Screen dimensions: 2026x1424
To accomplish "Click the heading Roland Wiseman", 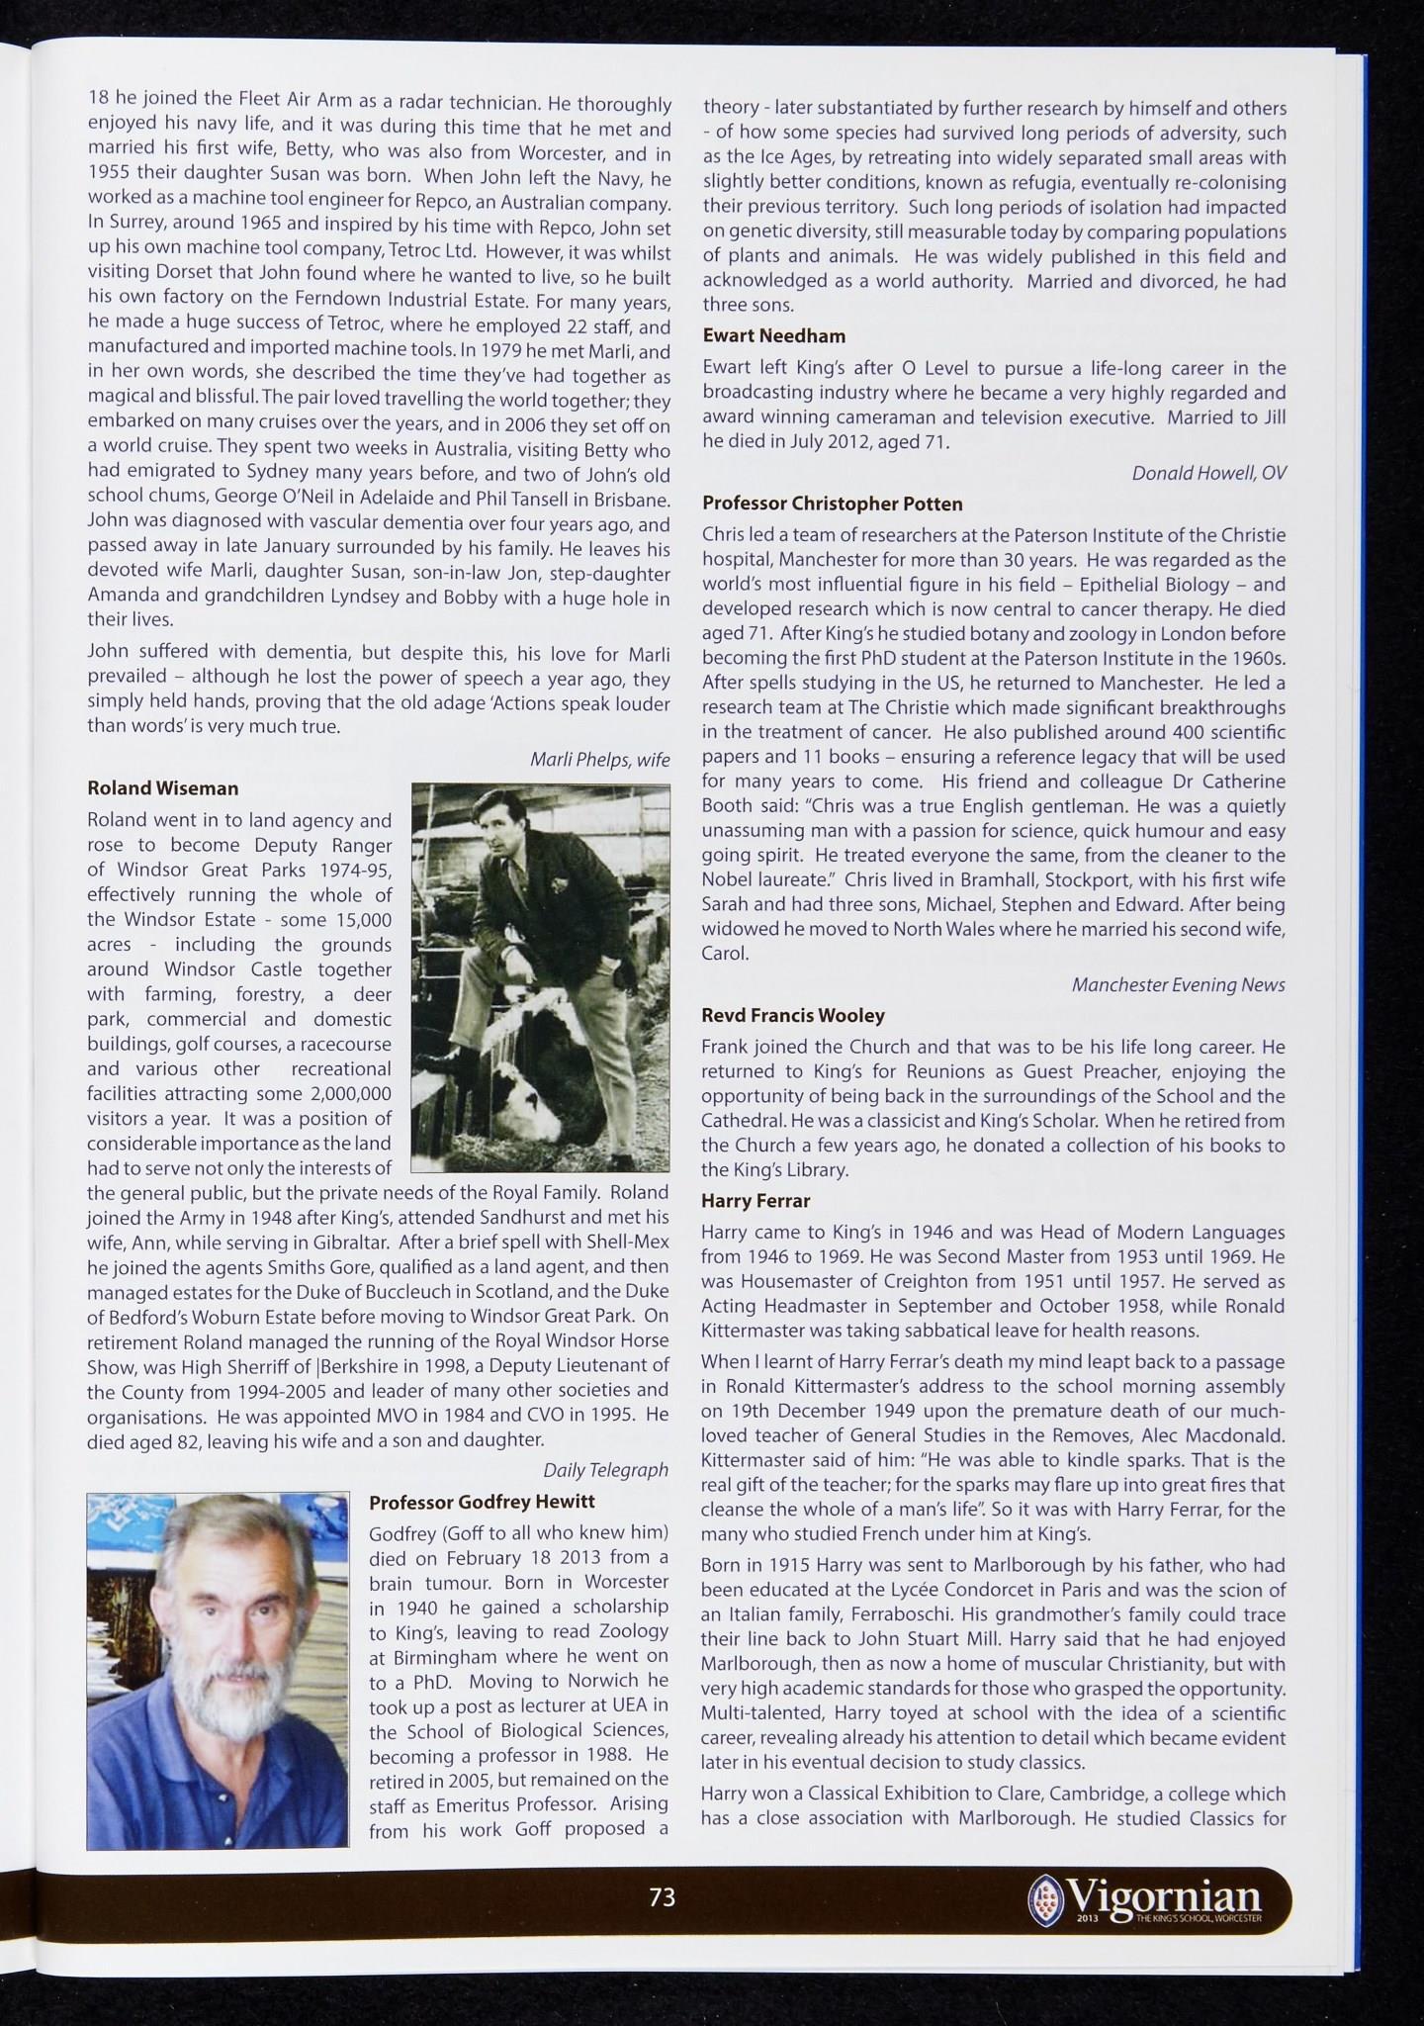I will coord(163,788).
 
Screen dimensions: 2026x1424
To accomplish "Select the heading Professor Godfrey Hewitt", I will coord(482,1502).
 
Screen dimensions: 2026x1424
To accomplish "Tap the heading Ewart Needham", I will coord(773,336).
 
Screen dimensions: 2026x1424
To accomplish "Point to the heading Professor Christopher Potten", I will coord(832,504).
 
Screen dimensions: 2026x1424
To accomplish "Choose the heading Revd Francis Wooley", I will coord(793,1015).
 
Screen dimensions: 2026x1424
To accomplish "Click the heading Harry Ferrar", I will coord(756,1201).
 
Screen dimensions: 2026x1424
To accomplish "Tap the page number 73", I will coord(662,1897).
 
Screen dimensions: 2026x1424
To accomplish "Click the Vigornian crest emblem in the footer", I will coord(1044,1896).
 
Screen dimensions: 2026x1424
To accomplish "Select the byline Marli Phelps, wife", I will coord(599,760).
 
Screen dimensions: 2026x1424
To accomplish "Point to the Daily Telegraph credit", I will coord(605,1470).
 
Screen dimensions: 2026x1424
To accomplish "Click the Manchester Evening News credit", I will coord(1179,984).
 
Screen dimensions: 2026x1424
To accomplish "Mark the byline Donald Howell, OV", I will coord(1208,473).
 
